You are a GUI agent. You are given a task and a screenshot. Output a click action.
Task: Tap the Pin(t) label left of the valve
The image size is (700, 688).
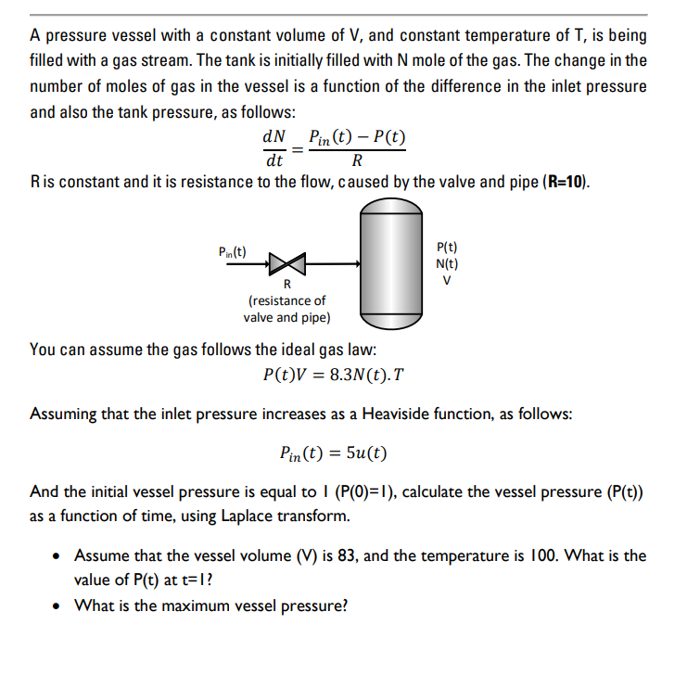click(231, 251)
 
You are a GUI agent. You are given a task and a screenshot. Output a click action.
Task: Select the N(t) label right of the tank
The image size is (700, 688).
click(447, 263)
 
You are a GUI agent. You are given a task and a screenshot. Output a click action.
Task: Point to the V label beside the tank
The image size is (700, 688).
click(447, 279)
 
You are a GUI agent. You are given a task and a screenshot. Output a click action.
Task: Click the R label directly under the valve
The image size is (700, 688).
click(286, 284)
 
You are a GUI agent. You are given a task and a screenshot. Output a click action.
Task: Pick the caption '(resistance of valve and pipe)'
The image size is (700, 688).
click(286, 309)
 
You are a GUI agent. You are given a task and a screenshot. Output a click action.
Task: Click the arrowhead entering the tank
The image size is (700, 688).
click(355, 263)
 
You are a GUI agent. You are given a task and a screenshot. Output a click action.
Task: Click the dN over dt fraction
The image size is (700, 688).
click(274, 147)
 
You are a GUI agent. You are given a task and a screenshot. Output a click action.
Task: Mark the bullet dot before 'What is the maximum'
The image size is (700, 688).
click(58, 606)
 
